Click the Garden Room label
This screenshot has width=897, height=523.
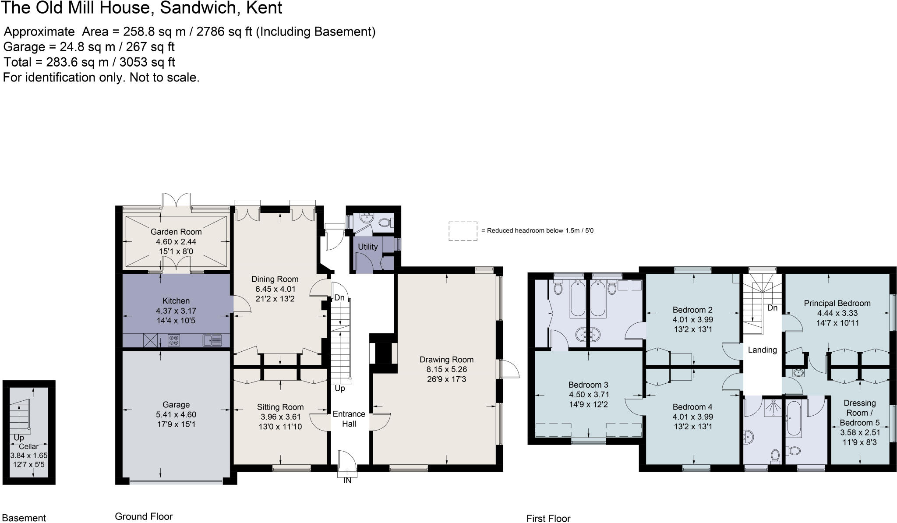176,232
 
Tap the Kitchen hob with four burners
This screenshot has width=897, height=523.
174,340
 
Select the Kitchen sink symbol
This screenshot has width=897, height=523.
212,340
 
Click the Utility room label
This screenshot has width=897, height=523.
367,247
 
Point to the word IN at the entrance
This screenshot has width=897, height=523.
347,481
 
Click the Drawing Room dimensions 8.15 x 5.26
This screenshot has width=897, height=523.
446,369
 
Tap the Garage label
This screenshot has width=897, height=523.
176,405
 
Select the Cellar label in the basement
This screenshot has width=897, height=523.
28,447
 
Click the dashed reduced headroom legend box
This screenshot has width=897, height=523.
463,231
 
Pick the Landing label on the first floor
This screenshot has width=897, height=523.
762,350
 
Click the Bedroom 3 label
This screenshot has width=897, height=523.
588,385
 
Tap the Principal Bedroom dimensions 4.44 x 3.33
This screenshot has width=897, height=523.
837,313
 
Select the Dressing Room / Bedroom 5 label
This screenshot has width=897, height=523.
859,413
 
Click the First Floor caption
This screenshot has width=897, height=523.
548,519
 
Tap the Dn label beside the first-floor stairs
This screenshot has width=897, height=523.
772,308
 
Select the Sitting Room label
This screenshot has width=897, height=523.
280,407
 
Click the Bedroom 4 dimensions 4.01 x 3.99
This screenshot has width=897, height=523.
692,417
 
